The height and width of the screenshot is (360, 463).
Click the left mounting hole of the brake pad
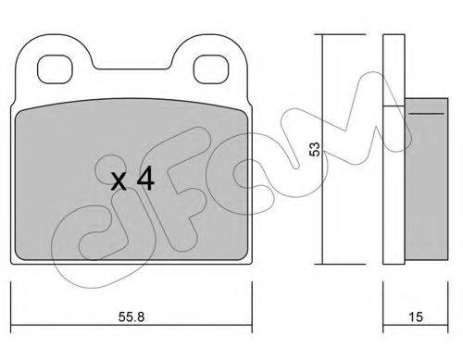[x=55, y=69]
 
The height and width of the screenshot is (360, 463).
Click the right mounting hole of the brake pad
[x=211, y=69]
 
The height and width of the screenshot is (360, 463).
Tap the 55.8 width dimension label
[x=131, y=317]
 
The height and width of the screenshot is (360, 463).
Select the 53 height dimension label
[x=315, y=149]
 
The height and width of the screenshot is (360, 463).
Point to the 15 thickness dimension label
[x=416, y=317]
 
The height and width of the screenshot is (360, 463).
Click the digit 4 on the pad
[x=145, y=179]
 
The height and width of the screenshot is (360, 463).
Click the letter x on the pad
[x=119, y=181]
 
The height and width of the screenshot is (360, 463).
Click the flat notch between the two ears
[x=132, y=68]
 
